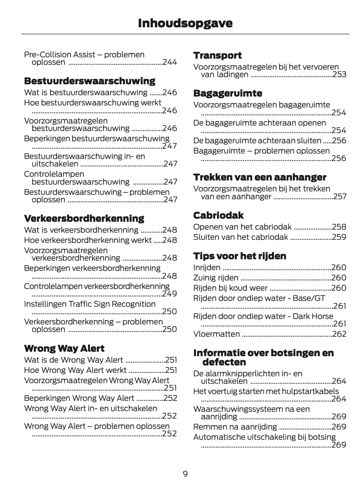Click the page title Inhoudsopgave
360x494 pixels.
click(x=185, y=23)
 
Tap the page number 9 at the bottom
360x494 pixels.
click(x=185, y=474)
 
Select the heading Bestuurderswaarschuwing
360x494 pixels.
click(x=89, y=81)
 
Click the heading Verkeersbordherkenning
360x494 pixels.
click(x=84, y=218)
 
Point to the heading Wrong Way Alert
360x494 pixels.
click(x=64, y=349)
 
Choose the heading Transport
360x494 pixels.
click(x=217, y=56)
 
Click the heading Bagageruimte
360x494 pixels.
click(x=228, y=93)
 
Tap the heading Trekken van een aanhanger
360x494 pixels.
click(x=260, y=177)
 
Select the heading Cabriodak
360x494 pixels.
click(x=218, y=216)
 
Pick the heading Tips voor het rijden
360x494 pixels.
click(x=240, y=256)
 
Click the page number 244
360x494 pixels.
click(x=170, y=62)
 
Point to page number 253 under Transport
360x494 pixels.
click(x=339, y=75)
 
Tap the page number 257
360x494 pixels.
click(x=340, y=197)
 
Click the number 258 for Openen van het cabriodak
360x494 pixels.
click(x=339, y=227)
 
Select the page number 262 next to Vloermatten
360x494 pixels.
click(x=339, y=334)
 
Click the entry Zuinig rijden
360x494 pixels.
click(x=216, y=278)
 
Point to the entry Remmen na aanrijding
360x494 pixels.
click(x=235, y=427)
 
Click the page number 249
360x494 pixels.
click(x=170, y=294)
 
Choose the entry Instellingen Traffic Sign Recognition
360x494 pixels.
click(x=90, y=304)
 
